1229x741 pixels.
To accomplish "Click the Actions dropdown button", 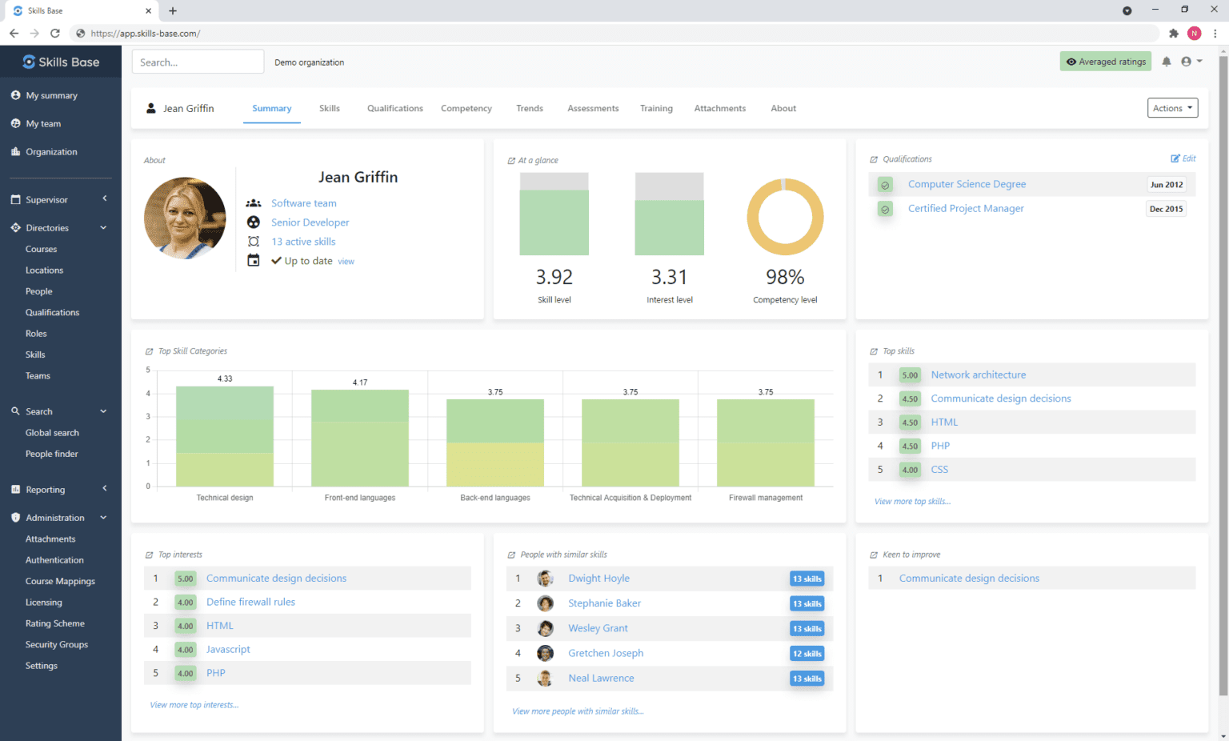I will coord(1172,108).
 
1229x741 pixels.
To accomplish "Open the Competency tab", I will coord(466,108).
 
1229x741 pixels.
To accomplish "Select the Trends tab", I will coord(529,108).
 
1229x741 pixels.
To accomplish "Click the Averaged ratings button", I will coord(1105,62).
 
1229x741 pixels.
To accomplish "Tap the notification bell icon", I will coord(1166,62).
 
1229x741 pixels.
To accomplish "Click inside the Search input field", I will coord(198,62).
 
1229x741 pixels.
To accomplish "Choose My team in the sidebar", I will coord(43,124).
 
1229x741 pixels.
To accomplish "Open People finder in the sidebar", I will coord(52,454).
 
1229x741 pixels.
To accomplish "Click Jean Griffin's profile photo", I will coord(185,218).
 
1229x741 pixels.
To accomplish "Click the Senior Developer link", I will coord(310,222).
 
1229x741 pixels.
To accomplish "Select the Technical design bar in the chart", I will coord(225,436).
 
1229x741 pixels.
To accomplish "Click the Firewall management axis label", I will coord(765,498).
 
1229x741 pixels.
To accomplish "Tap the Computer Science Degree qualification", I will coord(967,184).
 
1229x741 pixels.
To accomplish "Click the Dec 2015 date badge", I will coord(1166,209).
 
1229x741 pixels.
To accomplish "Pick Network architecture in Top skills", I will coord(978,375).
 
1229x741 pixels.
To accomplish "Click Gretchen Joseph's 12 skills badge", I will coord(807,654).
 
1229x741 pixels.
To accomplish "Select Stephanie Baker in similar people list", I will coord(604,603).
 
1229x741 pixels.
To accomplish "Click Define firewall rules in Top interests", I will coord(250,602).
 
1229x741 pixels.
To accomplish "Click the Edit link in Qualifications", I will coord(1183,158).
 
